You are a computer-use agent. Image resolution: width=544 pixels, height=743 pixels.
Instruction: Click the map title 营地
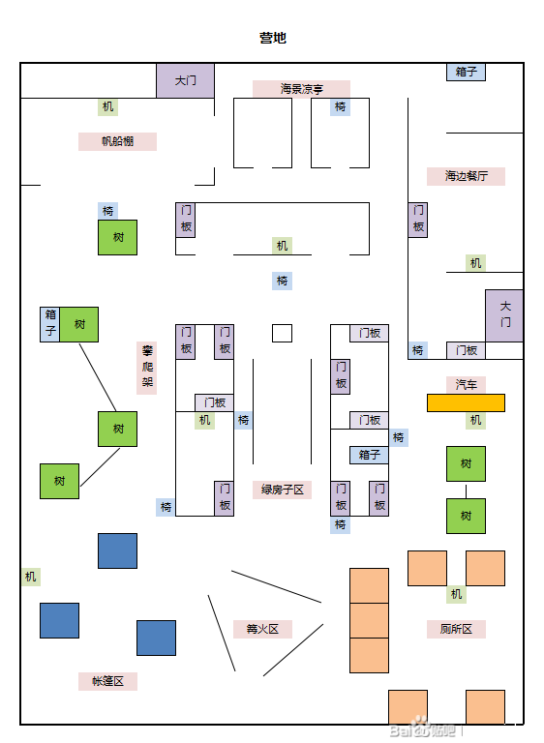273,38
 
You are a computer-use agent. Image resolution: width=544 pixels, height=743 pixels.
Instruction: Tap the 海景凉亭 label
301,89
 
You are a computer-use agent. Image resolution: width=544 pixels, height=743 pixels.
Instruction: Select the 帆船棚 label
118,141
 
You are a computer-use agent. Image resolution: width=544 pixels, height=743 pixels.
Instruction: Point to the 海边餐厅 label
466,176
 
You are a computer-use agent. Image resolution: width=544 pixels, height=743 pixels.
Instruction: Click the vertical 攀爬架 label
147,368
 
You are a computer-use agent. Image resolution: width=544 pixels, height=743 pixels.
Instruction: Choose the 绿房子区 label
283,490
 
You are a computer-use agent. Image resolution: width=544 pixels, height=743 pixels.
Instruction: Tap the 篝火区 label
262,629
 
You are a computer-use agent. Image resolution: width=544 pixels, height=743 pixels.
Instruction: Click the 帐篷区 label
107,681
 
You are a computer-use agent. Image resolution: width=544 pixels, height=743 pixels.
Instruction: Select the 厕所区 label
456,629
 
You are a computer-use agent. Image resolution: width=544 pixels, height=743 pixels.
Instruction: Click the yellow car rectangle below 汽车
466,402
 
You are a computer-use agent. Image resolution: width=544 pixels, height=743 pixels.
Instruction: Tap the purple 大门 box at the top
186,80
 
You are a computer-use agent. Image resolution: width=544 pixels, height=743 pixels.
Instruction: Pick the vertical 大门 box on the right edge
504,315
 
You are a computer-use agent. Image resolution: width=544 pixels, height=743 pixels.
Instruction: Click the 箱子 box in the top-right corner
466,72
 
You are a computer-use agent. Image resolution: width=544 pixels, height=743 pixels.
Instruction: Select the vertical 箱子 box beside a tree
49,324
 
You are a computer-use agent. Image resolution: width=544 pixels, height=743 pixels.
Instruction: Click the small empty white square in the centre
283,333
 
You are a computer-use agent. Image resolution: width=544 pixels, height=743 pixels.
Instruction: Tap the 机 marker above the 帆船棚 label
107,106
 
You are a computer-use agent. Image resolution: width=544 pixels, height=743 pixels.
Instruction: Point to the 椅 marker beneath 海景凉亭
340,106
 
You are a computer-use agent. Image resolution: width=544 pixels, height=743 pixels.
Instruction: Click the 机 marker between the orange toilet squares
456,594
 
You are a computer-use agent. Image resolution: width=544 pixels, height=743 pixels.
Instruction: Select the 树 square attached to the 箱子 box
79,324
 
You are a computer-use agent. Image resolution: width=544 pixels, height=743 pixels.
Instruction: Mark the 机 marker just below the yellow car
475,420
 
